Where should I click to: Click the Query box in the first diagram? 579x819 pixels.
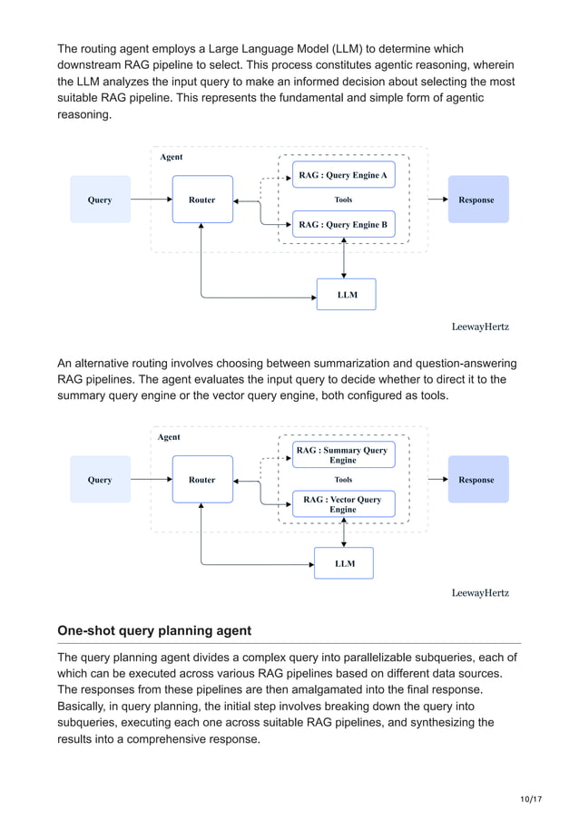(x=100, y=200)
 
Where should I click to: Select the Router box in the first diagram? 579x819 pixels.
(x=202, y=200)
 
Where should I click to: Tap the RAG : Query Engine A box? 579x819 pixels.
(x=343, y=175)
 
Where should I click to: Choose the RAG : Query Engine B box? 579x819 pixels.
(x=343, y=224)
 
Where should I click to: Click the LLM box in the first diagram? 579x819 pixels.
(x=346, y=295)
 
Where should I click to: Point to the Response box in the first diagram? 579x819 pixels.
(x=477, y=200)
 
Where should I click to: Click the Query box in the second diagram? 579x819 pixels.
(x=100, y=480)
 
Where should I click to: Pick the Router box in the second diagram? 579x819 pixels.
(x=202, y=480)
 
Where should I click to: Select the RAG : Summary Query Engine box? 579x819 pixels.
(x=343, y=454)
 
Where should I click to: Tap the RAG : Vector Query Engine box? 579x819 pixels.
(x=343, y=504)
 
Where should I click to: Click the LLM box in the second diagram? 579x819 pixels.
(x=344, y=563)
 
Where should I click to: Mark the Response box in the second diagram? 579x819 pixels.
(x=477, y=480)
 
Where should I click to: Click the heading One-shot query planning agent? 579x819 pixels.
(x=154, y=630)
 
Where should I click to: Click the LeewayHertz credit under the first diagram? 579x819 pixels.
(x=480, y=326)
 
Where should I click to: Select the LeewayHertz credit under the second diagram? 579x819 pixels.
(x=480, y=593)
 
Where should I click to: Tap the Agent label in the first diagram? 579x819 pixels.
(x=171, y=157)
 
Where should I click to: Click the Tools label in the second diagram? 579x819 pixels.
(x=343, y=480)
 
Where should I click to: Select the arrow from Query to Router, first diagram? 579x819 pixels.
(x=151, y=200)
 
